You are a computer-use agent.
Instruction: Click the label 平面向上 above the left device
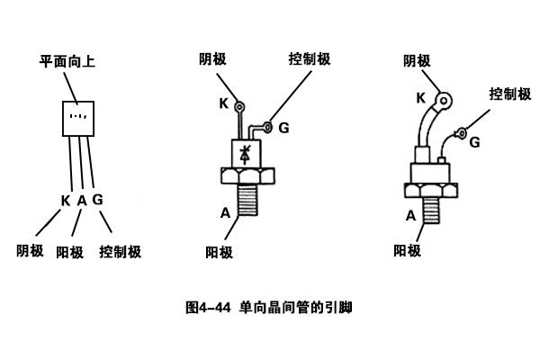[x=67, y=62]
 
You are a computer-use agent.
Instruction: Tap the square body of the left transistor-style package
[x=78, y=119]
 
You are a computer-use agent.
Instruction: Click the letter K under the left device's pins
[x=66, y=201]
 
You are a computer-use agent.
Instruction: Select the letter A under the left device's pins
[x=82, y=201]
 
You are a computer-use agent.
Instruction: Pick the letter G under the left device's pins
[x=98, y=200]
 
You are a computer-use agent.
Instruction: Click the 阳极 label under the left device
[x=70, y=253]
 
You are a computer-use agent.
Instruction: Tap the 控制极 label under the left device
[x=121, y=252]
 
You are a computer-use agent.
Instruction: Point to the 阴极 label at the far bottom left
[x=30, y=251]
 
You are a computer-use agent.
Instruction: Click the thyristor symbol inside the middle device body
[x=245, y=154]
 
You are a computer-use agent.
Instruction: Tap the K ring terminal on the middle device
[x=239, y=107]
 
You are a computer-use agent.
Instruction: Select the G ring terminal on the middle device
[x=267, y=128]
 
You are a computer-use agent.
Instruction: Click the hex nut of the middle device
[x=247, y=176]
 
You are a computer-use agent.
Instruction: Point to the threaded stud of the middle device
[x=248, y=200]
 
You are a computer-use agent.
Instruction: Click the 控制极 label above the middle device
[x=310, y=58]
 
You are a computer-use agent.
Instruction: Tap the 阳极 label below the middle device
[x=219, y=253]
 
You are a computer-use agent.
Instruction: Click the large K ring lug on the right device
[x=443, y=101]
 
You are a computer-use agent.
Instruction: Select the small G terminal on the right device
[x=461, y=133]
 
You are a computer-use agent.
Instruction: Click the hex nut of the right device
[x=431, y=191]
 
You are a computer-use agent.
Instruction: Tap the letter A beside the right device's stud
[x=410, y=216]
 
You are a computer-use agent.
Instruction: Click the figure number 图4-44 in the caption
[x=208, y=308]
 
